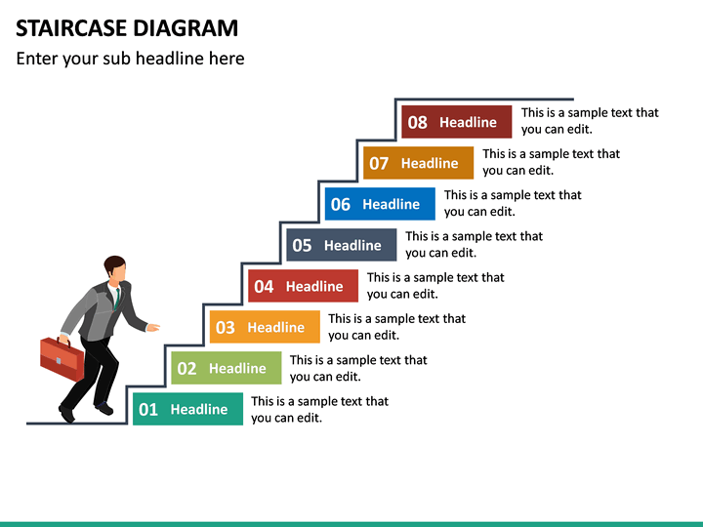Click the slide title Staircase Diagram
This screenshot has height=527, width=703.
127,27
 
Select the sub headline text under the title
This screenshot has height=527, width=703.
130,59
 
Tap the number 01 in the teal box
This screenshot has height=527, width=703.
148,410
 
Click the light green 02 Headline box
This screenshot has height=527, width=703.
227,368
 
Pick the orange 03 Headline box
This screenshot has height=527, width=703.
265,327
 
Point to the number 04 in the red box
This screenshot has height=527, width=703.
264,287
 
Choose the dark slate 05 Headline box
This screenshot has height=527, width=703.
342,245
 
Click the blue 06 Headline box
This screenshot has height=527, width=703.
380,204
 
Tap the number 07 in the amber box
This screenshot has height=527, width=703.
379,164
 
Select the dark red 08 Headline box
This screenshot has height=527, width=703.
457,122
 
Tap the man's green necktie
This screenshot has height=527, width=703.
116,297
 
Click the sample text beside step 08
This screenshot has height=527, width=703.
590,121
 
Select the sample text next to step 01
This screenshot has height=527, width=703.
319,410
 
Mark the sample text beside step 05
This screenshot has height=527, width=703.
474,244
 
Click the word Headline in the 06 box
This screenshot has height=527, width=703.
391,204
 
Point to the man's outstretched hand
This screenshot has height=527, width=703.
153,327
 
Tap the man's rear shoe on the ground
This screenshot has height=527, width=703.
66,414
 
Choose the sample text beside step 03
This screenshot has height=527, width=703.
396,327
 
